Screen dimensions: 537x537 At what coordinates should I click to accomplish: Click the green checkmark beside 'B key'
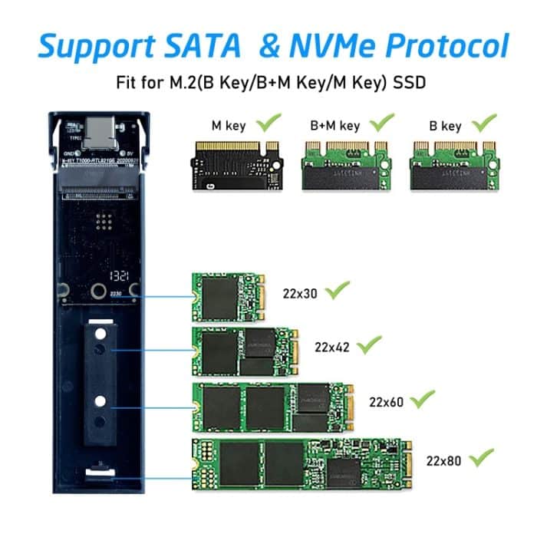pyautogui.click(x=485, y=122)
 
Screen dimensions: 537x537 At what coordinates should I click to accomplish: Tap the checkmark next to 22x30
pyautogui.click(x=338, y=291)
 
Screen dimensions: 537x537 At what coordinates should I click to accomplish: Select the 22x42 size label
pyautogui.click(x=332, y=346)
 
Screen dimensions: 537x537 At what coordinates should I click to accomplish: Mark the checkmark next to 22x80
pyautogui.click(x=482, y=458)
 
